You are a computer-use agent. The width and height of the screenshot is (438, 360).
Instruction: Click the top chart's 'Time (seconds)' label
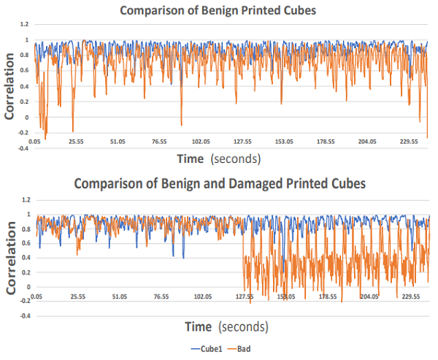click(x=220, y=157)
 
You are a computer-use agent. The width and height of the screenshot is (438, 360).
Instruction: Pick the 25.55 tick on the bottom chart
click(x=77, y=297)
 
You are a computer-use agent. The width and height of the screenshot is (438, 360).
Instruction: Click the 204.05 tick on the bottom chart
click(x=369, y=297)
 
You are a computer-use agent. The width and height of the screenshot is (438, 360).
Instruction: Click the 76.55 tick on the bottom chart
click(x=161, y=297)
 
